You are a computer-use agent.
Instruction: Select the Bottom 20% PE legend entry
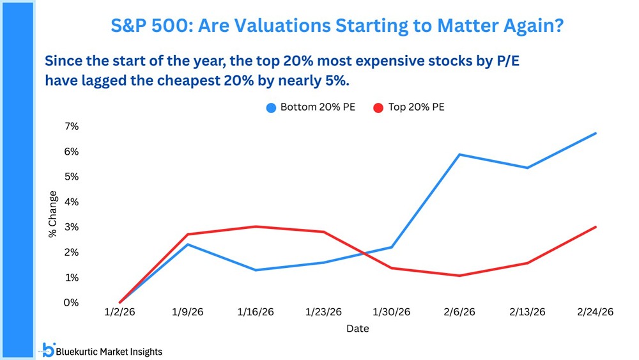tap(311, 107)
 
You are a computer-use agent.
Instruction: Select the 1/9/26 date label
tap(189, 313)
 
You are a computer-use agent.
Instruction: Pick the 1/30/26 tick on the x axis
tap(392, 313)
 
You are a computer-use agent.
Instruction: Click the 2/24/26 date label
tap(596, 313)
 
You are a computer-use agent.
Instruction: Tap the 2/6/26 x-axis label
tap(459, 313)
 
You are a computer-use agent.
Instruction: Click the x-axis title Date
tap(358, 329)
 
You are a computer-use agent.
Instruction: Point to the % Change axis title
tap(54, 214)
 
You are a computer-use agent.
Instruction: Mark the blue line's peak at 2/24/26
tap(596, 133)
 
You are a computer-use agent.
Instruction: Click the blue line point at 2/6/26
tap(459, 154)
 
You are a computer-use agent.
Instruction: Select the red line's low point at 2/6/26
tap(459, 276)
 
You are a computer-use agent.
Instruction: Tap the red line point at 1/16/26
tap(256, 226)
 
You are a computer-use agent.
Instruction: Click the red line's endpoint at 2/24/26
tap(596, 227)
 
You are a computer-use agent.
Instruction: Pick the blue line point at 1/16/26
tap(256, 270)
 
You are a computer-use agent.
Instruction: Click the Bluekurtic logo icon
tap(47, 349)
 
